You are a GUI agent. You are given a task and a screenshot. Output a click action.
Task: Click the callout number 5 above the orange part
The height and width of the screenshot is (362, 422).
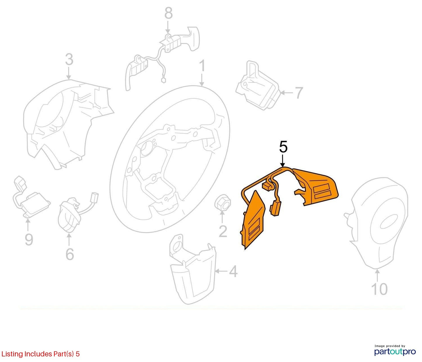pos(283,148)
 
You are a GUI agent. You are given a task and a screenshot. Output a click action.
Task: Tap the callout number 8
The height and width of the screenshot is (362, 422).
pos(169,13)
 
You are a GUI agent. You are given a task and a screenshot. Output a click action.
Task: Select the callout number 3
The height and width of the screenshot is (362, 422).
pos(69,59)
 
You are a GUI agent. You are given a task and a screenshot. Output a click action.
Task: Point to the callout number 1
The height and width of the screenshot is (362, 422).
pos(202,66)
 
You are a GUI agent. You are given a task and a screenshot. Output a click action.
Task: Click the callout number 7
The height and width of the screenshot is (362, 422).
pos(298,93)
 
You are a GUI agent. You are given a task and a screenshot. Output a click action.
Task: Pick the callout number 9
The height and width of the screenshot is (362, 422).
pos(29,239)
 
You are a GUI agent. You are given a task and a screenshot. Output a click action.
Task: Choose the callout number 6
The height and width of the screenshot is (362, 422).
pos(70,254)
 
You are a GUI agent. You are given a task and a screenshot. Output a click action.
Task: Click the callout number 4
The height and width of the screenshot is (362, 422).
pos(233,271)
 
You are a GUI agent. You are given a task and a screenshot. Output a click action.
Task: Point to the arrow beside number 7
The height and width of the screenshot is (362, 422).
pos(287,93)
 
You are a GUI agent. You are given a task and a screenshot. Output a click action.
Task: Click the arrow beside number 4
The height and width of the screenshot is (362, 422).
pos(221,271)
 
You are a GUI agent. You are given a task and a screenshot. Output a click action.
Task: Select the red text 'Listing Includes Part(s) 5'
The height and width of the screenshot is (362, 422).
pos(40,354)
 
